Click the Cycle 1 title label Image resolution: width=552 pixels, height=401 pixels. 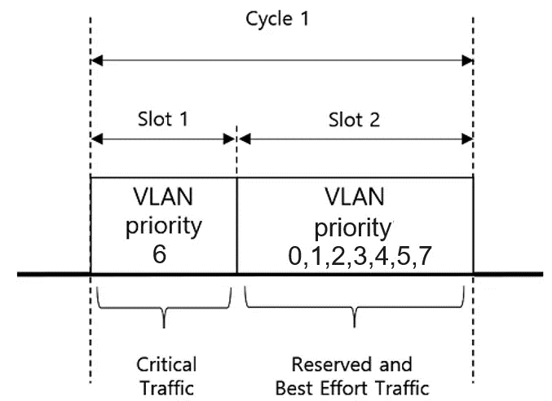277,20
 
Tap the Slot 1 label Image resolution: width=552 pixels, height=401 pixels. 163,119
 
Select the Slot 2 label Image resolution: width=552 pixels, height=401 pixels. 354,120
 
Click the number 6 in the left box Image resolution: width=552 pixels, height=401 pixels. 159,253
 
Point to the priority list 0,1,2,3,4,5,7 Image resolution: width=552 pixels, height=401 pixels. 360,257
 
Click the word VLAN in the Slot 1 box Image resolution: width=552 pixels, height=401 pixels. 163,197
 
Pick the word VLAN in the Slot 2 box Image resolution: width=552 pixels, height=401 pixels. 354,197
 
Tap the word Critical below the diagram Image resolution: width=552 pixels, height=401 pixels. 166,364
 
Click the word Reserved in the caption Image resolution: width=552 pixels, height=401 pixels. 332,364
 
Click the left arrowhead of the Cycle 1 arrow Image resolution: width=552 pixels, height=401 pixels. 96,60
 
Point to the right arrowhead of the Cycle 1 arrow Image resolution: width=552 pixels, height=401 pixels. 467,60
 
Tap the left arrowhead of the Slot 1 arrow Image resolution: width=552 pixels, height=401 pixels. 96,139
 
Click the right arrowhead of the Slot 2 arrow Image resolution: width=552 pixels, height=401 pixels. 467,139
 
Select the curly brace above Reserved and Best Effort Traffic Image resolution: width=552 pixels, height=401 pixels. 355,307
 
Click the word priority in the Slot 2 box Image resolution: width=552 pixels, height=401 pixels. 353,229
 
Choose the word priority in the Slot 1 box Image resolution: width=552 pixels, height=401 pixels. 164,227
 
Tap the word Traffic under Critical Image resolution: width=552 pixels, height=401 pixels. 167,389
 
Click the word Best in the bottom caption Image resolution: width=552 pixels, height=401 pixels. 294,389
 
